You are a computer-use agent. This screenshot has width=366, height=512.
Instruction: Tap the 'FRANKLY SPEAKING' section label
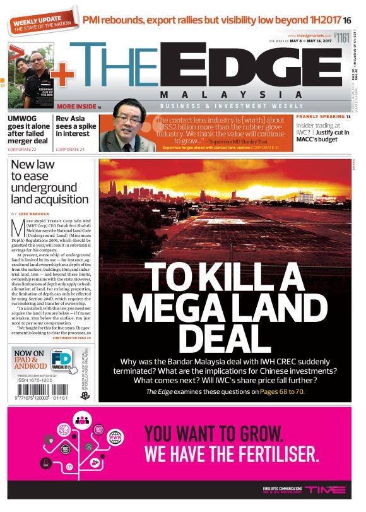320,117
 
